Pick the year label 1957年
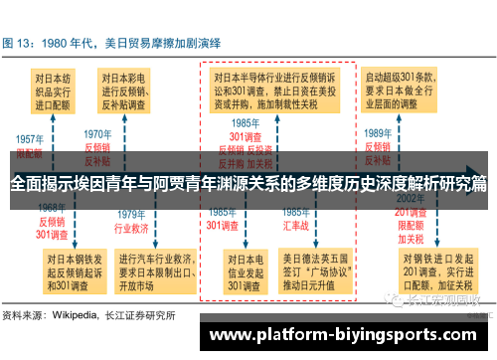pyautogui.click(x=28, y=138)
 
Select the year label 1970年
pyautogui.click(x=96, y=132)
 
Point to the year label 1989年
pyautogui.click(x=379, y=132)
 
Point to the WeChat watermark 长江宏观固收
pyautogui.click(x=443, y=299)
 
